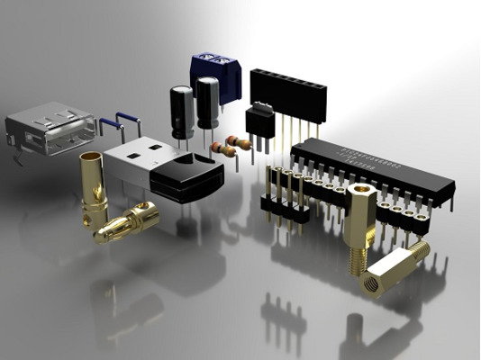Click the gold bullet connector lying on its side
point(128,220)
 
